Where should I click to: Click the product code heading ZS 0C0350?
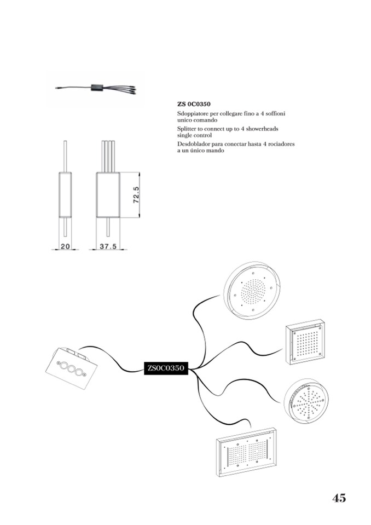[194, 103]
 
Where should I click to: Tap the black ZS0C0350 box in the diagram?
[166, 368]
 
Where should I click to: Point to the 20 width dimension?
[65, 246]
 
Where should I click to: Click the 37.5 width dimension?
[108, 246]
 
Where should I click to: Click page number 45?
[339, 498]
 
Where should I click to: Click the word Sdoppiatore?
[193, 113]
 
